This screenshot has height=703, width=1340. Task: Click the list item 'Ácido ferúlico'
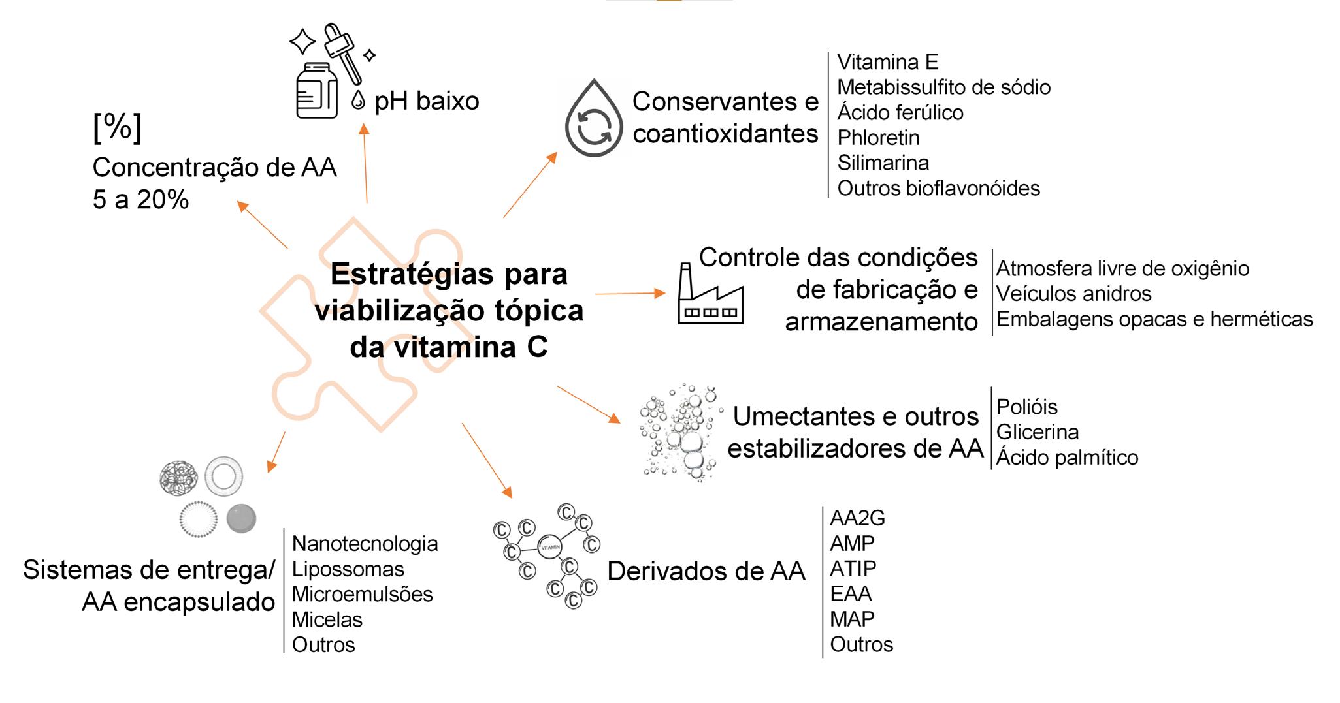click(900, 112)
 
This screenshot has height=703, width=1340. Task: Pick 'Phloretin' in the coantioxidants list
click(878, 138)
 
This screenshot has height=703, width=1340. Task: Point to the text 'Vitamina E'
click(887, 62)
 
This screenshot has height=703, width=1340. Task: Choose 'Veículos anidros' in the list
click(1073, 294)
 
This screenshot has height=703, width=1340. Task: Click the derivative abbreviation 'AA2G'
click(857, 518)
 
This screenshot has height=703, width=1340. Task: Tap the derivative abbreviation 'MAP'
click(852, 619)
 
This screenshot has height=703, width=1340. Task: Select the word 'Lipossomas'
click(348, 569)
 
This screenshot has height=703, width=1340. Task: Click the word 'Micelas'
click(327, 619)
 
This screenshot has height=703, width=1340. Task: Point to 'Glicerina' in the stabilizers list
click(1037, 432)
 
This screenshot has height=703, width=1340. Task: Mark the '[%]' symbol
click(117, 128)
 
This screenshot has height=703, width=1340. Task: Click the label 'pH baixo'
click(427, 101)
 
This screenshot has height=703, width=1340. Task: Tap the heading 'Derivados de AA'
click(706, 571)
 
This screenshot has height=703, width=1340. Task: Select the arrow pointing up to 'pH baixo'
click(365, 163)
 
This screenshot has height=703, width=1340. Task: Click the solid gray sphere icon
click(241, 519)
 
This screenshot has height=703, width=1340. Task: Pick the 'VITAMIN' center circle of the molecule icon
click(549, 547)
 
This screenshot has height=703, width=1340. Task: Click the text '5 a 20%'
click(140, 200)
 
